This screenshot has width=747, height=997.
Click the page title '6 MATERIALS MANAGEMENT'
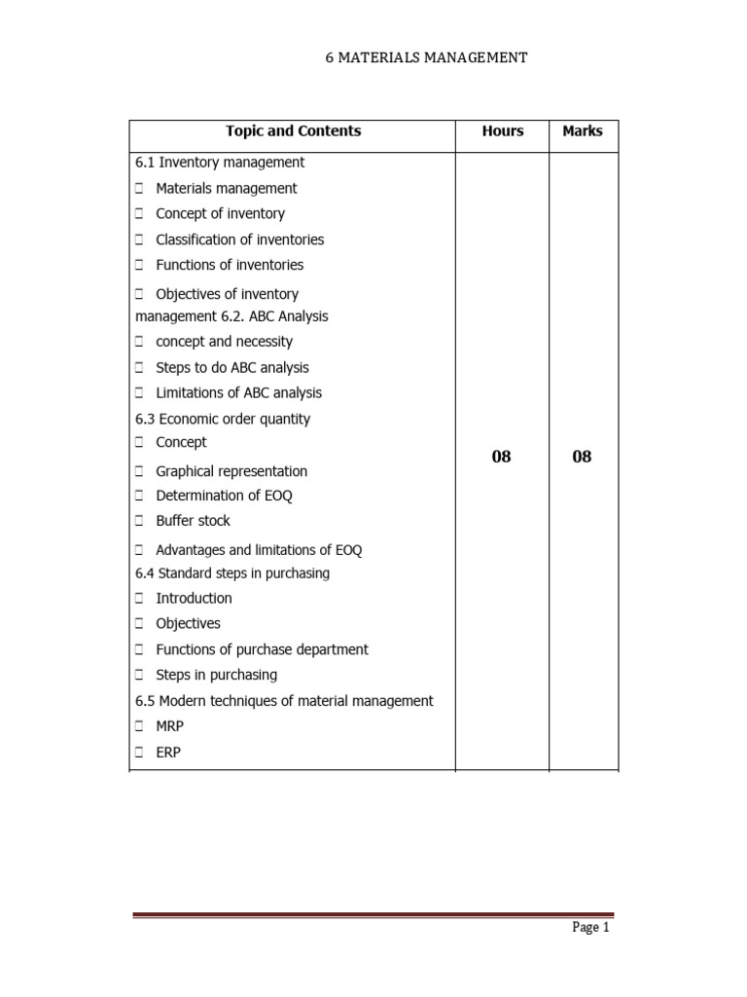[426, 58]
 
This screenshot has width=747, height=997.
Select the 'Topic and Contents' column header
[293, 131]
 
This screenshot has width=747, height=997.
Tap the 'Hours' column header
[502, 131]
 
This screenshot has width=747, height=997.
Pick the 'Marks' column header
[582, 131]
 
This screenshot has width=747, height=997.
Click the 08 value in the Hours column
[501, 457]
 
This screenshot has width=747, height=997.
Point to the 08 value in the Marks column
[582, 457]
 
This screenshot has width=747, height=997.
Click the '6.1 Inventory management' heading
[220, 163]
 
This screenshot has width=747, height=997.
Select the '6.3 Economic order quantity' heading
[223, 419]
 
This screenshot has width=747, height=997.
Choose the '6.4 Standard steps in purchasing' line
[232, 573]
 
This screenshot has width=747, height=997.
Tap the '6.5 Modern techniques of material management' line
[284, 701]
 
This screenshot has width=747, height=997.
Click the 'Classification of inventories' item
[239, 240]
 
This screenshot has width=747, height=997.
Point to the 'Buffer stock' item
[193, 521]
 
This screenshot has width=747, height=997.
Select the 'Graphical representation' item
[231, 471]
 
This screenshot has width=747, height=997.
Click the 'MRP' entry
[171, 726]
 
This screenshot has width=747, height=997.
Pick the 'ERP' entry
[168, 753]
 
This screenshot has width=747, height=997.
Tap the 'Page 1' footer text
[589, 928]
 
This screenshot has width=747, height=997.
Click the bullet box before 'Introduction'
[140, 599]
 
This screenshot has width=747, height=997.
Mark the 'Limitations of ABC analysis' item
[238, 393]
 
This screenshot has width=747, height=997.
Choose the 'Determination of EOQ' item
[224, 496]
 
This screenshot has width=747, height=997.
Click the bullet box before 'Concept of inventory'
[140, 214]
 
